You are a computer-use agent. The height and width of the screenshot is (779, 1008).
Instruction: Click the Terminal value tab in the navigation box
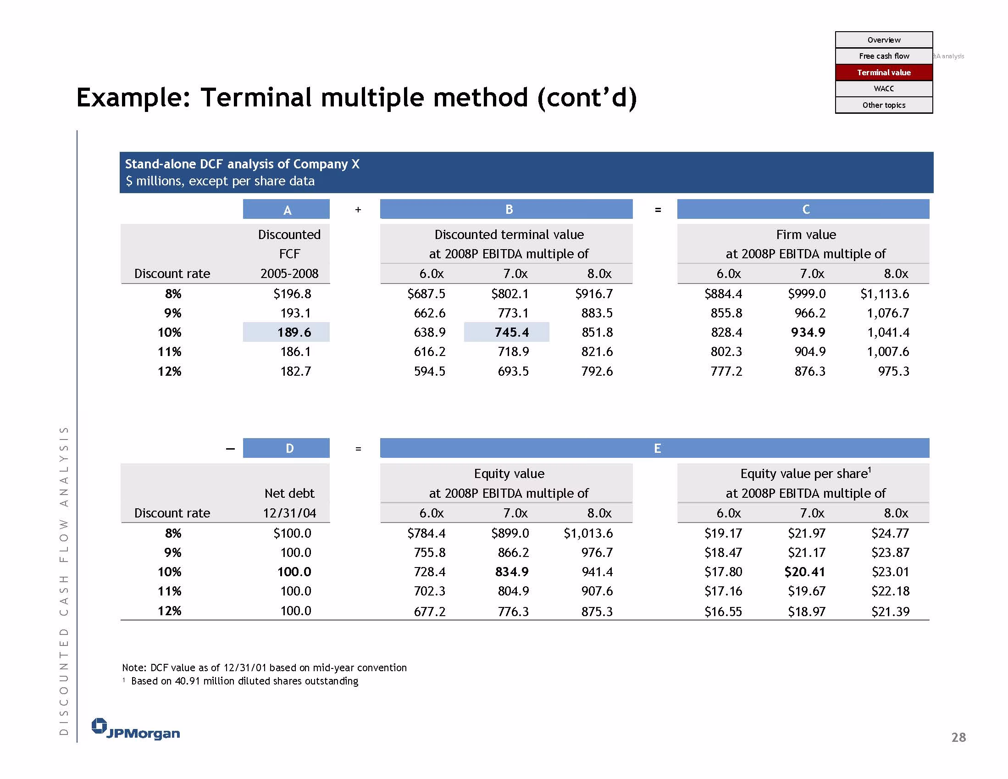click(x=883, y=72)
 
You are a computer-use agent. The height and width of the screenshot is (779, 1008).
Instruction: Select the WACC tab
click(x=883, y=89)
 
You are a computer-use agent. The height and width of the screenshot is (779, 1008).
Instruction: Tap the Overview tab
click(x=883, y=40)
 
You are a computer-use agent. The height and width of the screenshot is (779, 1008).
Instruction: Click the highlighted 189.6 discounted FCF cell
click(x=286, y=332)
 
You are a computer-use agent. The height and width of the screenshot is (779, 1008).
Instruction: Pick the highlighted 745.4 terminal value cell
click(x=506, y=332)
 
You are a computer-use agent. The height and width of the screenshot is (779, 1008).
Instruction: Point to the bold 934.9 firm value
click(x=808, y=332)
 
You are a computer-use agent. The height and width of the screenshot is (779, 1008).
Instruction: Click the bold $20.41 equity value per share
click(x=804, y=572)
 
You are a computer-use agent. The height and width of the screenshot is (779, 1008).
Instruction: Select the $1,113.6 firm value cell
click(x=884, y=294)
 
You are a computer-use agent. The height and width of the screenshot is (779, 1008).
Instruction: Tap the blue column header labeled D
click(x=286, y=448)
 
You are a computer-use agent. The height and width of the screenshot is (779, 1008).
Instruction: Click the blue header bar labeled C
click(x=803, y=209)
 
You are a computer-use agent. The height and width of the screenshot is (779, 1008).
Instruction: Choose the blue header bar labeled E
click(x=654, y=448)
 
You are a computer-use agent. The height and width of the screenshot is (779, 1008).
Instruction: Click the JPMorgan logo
click(x=136, y=729)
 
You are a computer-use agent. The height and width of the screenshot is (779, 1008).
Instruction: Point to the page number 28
click(x=958, y=737)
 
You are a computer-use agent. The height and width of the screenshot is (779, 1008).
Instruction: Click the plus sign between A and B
click(x=358, y=210)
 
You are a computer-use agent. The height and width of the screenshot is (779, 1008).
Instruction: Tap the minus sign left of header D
click(x=230, y=448)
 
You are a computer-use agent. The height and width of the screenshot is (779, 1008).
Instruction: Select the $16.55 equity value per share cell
click(x=723, y=612)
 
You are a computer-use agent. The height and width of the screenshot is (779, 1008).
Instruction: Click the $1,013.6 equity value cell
click(x=588, y=534)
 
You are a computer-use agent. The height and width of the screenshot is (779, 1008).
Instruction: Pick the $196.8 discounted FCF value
click(x=292, y=294)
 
